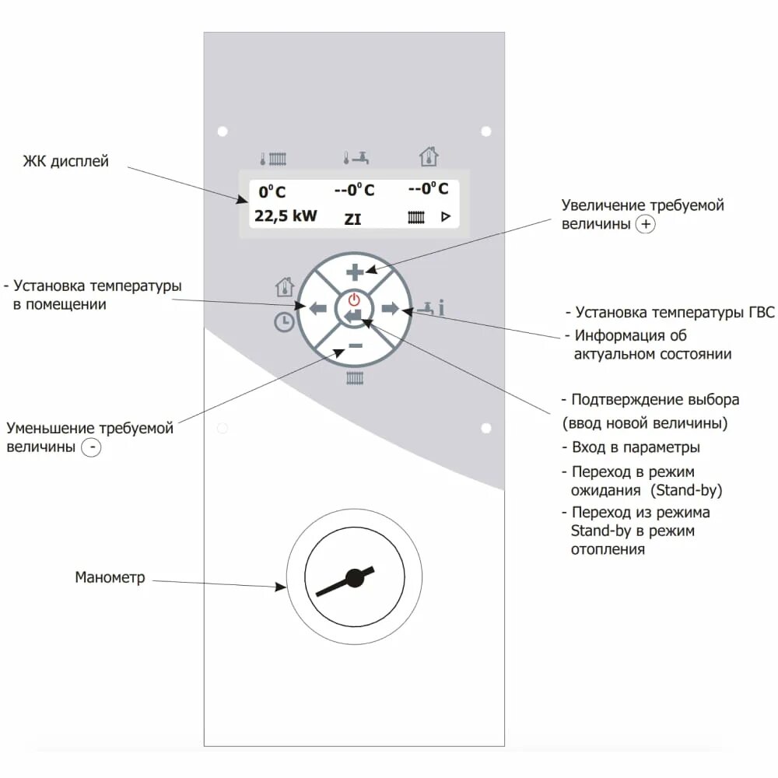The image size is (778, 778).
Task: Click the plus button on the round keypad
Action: pyautogui.click(x=355, y=272)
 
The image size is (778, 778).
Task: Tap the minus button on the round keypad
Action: pyautogui.click(x=355, y=345)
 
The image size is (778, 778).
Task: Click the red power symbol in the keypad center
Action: pyautogui.click(x=355, y=300)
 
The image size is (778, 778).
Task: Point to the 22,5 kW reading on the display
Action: pyautogui.click(x=286, y=216)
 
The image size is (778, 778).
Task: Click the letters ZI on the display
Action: pyautogui.click(x=353, y=219)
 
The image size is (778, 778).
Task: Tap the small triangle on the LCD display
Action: pyautogui.click(x=446, y=217)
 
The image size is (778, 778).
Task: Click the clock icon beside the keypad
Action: pyautogui.click(x=284, y=321)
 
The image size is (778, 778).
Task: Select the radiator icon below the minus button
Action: pyautogui.click(x=355, y=379)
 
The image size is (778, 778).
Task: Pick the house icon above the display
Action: pyautogui.click(x=429, y=157)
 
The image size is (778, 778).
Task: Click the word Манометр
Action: pyautogui.click(x=110, y=577)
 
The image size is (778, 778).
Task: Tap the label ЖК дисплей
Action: pyautogui.click(x=66, y=162)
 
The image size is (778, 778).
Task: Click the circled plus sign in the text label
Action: pyautogui.click(x=645, y=224)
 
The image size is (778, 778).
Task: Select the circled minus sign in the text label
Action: pyautogui.click(x=92, y=448)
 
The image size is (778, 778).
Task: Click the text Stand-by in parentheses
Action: pyautogui.click(x=687, y=491)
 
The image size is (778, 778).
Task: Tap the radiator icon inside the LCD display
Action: pyautogui.click(x=416, y=217)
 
